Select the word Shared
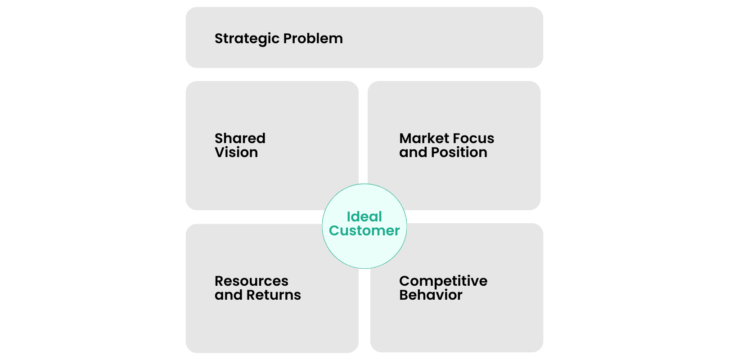[x=240, y=138]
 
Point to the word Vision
[x=236, y=153]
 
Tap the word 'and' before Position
[x=413, y=153]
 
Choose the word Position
[x=459, y=153]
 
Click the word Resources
[x=251, y=281]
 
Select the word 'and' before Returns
[x=228, y=295]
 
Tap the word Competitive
[x=443, y=281]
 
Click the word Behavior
[x=431, y=295]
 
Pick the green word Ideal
[x=364, y=216]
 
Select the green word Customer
[x=364, y=231]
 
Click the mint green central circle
[x=364, y=252]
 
